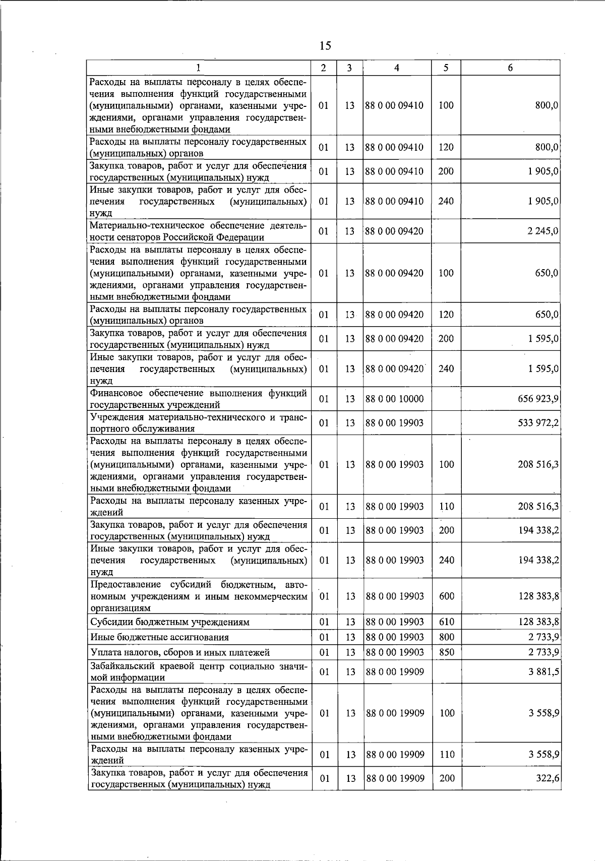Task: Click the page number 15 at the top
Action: [325, 46]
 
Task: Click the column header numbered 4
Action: [397, 68]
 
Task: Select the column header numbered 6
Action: [510, 68]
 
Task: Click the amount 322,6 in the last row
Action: [549, 778]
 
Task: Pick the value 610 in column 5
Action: [446, 622]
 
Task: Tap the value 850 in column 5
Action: [446, 652]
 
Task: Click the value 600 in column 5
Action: [446, 596]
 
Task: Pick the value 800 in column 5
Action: [446, 637]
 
